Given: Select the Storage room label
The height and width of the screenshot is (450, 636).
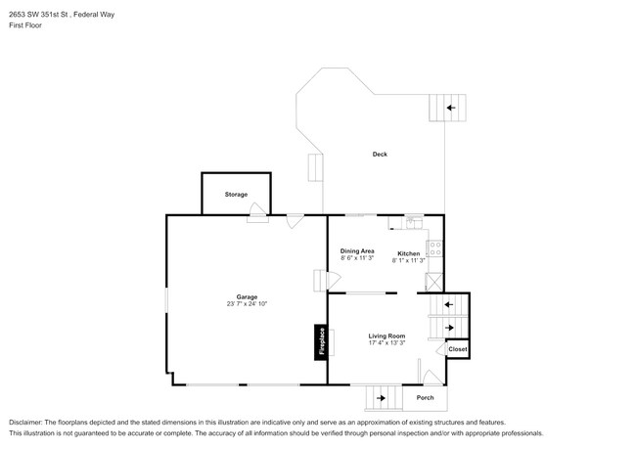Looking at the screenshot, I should [x=236, y=195].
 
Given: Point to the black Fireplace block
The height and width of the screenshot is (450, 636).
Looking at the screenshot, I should [x=320, y=342].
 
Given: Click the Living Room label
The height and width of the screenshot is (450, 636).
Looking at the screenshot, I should [x=386, y=336].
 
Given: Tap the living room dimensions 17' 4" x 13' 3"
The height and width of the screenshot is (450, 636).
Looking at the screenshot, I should [x=386, y=343].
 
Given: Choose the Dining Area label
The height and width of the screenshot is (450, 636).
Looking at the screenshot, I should [x=357, y=250].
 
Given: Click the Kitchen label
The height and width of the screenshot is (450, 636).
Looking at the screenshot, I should [x=408, y=253].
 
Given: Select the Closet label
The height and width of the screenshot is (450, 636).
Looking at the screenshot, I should [x=458, y=349].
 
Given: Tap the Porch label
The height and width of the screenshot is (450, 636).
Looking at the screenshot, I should [x=425, y=397].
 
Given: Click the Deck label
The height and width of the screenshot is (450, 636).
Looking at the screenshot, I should [x=379, y=155].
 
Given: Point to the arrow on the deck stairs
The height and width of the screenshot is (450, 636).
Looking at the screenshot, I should [x=451, y=108].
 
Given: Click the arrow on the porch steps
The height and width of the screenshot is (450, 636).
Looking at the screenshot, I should [x=382, y=398].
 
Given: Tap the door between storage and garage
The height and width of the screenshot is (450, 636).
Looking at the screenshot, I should [x=257, y=217].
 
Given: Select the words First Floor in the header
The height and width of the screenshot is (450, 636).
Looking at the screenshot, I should [x=25, y=25].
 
